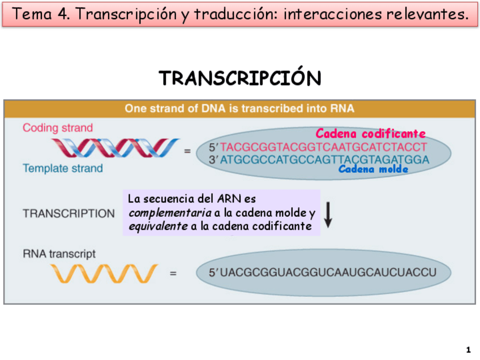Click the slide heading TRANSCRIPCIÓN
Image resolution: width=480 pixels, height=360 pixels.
click(x=240, y=78)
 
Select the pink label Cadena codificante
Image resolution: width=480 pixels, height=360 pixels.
click(x=371, y=134)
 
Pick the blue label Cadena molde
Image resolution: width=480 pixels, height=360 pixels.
click(x=373, y=169)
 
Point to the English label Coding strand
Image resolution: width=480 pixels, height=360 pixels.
click(x=58, y=128)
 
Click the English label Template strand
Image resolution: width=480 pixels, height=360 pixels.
click(x=62, y=168)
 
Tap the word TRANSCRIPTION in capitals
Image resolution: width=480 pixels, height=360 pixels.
click(x=68, y=214)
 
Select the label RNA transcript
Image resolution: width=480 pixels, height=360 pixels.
click(x=59, y=254)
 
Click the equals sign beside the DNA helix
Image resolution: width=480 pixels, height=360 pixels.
click(x=187, y=151)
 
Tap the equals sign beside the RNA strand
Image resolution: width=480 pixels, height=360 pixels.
click(x=173, y=273)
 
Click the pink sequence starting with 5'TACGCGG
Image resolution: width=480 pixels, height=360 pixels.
click(x=318, y=147)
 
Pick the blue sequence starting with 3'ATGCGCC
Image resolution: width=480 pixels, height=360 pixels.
click(x=319, y=159)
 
